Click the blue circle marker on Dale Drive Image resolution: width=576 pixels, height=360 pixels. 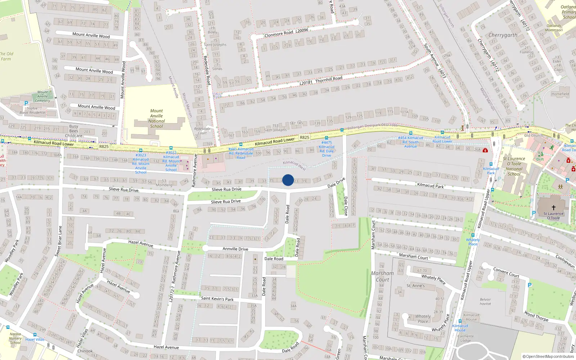(288, 180)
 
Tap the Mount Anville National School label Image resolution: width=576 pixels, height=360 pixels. (156, 118)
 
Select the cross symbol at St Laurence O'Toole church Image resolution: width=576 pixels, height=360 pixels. (554, 207)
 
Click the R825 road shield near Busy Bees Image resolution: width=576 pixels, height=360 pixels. (104, 147)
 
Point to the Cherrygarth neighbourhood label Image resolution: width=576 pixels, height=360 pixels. (503, 35)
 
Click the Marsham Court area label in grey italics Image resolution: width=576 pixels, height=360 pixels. (382, 276)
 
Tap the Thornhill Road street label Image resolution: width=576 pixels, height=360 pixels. (329, 79)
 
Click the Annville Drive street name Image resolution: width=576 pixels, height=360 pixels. (235, 249)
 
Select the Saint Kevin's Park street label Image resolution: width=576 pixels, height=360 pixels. (217, 298)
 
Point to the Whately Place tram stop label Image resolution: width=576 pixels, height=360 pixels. (473, 242)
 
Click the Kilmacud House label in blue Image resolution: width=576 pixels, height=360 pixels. (460, 328)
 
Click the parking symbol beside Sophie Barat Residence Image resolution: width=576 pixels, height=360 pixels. (26, 103)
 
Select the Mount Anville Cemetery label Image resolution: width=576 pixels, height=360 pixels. (42, 96)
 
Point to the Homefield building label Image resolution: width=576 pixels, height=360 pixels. (560, 94)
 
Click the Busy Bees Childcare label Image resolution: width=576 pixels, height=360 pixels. (74, 131)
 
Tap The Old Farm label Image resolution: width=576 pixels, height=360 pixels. (6, 56)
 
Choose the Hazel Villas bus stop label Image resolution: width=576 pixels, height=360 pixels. (35, 339)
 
